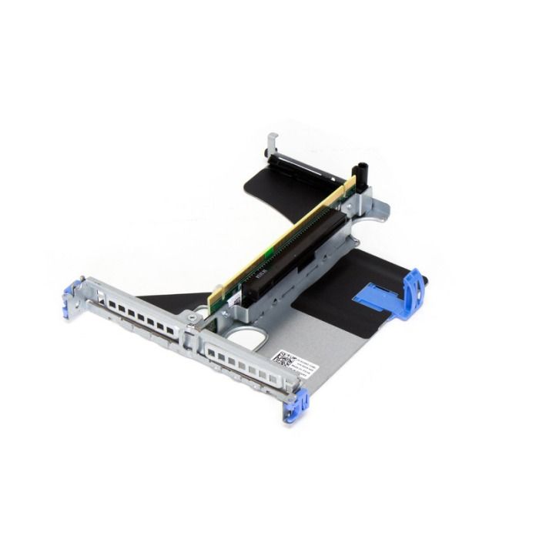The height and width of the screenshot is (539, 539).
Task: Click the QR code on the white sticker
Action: point(283,359)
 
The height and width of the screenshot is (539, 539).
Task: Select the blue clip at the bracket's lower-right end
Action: point(298,405)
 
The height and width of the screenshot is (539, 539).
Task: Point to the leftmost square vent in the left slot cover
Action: point(112,304)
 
